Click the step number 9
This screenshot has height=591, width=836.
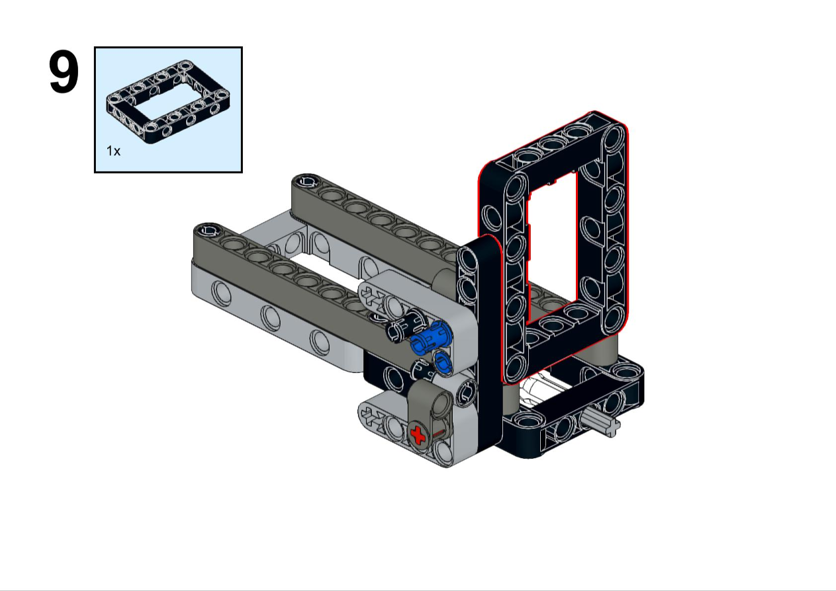coord(64,72)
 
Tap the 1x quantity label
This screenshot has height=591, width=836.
coord(113,151)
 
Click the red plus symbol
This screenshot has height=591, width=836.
coord(418,435)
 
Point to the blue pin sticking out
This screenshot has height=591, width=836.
coord(432,338)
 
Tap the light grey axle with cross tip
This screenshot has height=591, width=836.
coord(602,423)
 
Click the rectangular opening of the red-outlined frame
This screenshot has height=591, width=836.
coord(552,246)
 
